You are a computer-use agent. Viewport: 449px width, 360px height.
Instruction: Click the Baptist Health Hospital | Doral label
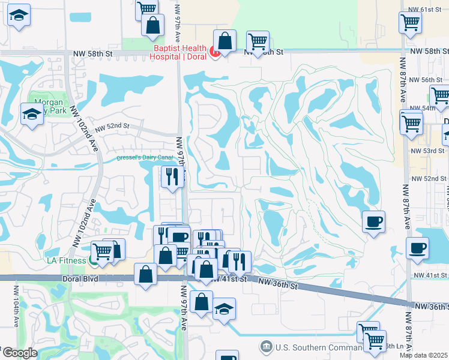tap(179, 52)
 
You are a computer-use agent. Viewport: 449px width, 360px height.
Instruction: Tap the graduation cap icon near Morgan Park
tap(32, 114)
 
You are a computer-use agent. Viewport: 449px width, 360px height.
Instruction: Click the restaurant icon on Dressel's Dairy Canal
tap(172, 176)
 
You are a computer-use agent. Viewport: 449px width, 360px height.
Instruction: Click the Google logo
tap(19, 353)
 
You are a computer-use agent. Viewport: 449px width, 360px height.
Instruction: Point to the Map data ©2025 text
tap(423, 355)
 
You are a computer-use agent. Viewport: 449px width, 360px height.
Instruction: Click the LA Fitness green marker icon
tap(93, 260)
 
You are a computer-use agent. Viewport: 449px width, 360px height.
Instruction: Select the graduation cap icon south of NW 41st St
tap(224, 309)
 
